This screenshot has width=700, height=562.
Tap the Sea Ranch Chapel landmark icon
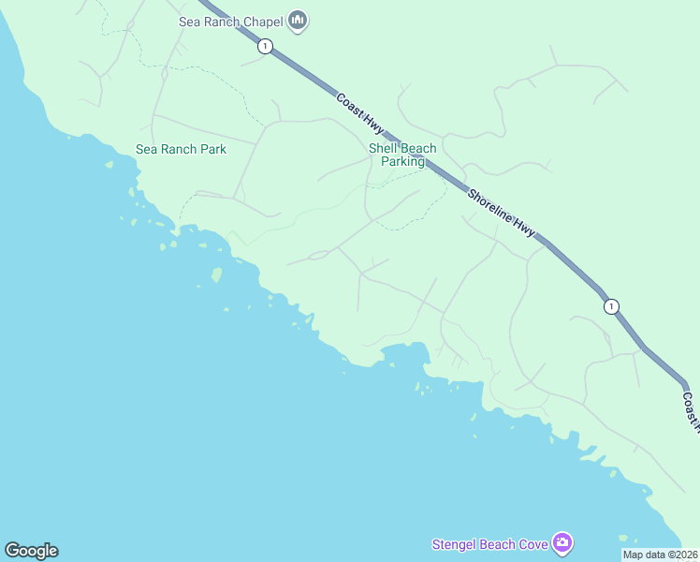pos(298,20)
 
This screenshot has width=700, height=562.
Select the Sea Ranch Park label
pos(181,149)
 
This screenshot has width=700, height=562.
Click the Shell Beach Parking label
pos(402,155)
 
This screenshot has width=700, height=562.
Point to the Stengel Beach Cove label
pos(489,544)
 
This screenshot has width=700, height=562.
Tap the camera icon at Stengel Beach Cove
pos(562,542)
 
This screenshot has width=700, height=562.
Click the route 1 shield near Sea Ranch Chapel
pos(266,46)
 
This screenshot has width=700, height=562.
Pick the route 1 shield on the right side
pos(611,306)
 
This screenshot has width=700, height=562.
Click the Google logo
pos(31,551)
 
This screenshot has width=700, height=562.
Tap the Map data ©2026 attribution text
pos(660,555)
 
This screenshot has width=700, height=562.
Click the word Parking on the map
pos(402,161)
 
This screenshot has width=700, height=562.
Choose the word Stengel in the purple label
pos(454,544)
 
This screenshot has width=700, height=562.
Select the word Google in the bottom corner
pos(31,551)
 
